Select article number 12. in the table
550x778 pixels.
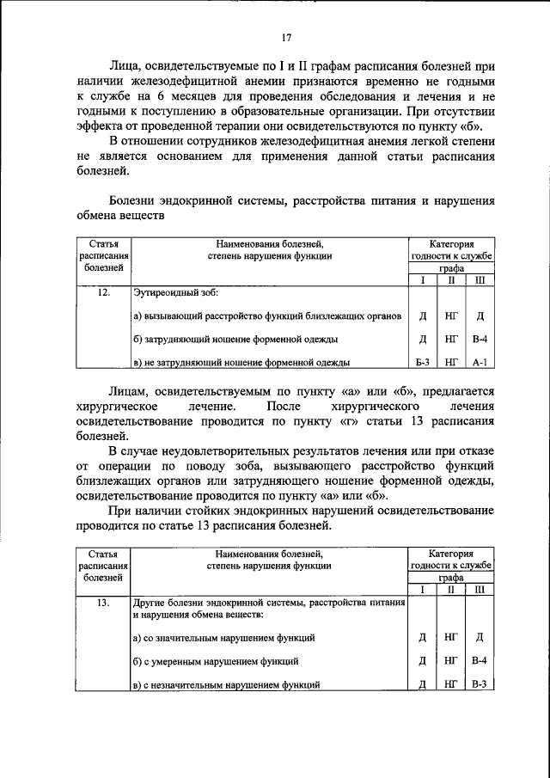(x=103, y=294)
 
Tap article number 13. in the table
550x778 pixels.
(x=103, y=603)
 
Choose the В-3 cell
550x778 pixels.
(x=480, y=684)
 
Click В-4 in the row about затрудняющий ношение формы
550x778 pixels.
(x=480, y=339)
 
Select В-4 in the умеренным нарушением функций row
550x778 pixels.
(x=480, y=661)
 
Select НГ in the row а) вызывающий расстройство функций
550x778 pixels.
(x=451, y=315)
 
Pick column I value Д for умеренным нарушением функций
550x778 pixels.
(x=422, y=661)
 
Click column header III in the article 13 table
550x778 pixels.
(x=480, y=590)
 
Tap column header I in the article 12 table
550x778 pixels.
(x=422, y=280)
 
